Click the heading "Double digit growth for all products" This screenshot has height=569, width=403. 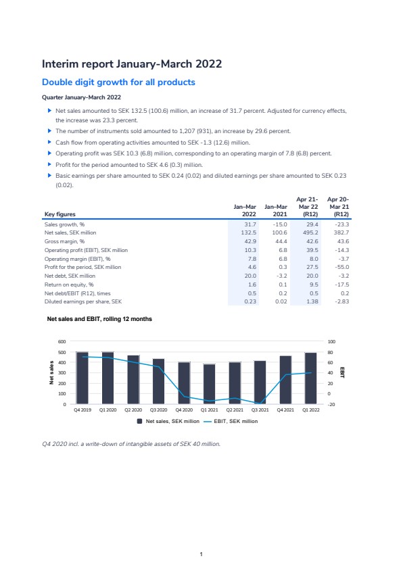[118, 82]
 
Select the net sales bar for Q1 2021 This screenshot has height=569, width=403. [210, 384]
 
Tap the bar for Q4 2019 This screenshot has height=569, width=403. [82, 378]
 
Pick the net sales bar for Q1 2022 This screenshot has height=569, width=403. [311, 378]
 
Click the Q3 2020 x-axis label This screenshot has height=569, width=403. [159, 410]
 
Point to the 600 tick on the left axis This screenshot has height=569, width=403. [62, 341]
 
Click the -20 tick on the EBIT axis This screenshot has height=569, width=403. [331, 404]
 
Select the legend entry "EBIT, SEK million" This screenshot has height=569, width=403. [231, 421]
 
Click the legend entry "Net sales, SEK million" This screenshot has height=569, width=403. [168, 421]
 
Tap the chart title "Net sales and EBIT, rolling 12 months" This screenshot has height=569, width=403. [99, 319]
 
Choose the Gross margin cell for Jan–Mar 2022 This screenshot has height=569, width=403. [250, 241]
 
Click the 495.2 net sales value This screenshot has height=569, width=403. [310, 232]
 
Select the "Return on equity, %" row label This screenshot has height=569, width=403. [69, 284]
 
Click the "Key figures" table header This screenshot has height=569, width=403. [60, 214]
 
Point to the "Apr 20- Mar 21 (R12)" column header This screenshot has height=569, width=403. [339, 207]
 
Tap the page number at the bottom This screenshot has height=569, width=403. [201, 554]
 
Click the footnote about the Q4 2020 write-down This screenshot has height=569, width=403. [131, 444]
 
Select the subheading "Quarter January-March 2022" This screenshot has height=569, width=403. [81, 97]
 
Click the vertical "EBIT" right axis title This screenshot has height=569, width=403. [342, 372]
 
